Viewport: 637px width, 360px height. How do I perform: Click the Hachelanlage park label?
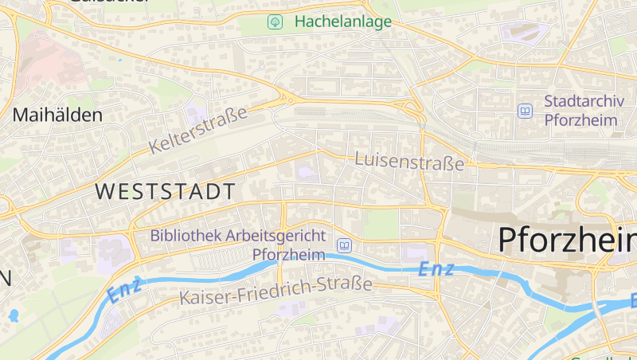343,22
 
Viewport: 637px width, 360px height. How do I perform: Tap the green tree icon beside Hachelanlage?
275,22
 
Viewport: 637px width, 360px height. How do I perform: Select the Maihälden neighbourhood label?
57,115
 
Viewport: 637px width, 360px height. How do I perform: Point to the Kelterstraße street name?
198,130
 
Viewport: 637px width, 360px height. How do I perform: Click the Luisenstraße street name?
409,161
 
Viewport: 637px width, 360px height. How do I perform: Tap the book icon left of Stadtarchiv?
525,111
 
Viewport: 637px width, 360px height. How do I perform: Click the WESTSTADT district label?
166,191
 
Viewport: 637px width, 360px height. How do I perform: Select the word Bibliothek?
186,236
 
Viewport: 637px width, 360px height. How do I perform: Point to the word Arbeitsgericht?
276,236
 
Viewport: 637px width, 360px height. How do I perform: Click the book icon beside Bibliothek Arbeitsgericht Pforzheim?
344,245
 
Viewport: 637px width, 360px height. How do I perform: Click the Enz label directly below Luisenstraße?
436,269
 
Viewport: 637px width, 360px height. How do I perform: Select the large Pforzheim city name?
567,241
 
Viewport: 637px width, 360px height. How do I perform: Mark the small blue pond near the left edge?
13,315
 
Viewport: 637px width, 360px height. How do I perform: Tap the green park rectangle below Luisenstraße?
380,224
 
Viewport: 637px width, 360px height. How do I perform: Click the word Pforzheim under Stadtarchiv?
581,120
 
